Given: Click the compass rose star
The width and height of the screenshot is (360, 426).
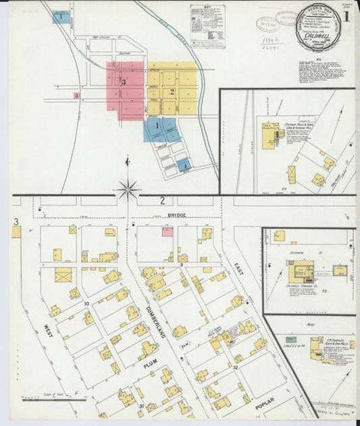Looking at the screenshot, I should [128, 188].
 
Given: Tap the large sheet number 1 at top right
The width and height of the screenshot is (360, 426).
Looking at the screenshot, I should [346, 16].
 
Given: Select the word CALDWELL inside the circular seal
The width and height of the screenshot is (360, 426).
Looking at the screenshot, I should [317, 31].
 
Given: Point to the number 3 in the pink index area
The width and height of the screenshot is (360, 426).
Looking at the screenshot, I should [124, 82].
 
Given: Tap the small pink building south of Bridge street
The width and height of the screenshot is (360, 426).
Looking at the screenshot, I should [167, 232].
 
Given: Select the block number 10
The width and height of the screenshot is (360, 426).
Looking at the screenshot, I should [86, 304].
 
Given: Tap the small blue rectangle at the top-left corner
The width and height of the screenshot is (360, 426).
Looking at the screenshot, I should [61, 16].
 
